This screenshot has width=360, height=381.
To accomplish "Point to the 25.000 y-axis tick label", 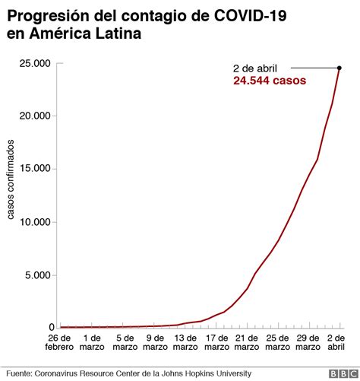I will pyautogui.click(x=36, y=64).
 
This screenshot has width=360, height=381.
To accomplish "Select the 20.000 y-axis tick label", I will pyautogui.click(x=36, y=116).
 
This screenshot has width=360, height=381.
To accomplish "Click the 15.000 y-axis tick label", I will pyautogui.click(x=36, y=170).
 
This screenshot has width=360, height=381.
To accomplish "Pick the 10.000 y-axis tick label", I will pyautogui.click(x=36, y=223).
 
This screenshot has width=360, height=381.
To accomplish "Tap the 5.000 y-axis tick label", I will pyautogui.click(x=39, y=275).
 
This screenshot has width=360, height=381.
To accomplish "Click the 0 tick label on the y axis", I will pyautogui.click(x=49, y=328).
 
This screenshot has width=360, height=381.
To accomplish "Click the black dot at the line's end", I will pyautogui.click(x=339, y=68).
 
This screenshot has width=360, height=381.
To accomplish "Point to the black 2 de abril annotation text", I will pyautogui.click(x=261, y=68).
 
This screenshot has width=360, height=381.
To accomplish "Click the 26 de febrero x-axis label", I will pyautogui.click(x=59, y=342).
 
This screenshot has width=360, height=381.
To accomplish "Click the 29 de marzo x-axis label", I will pyautogui.click(x=308, y=342).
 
